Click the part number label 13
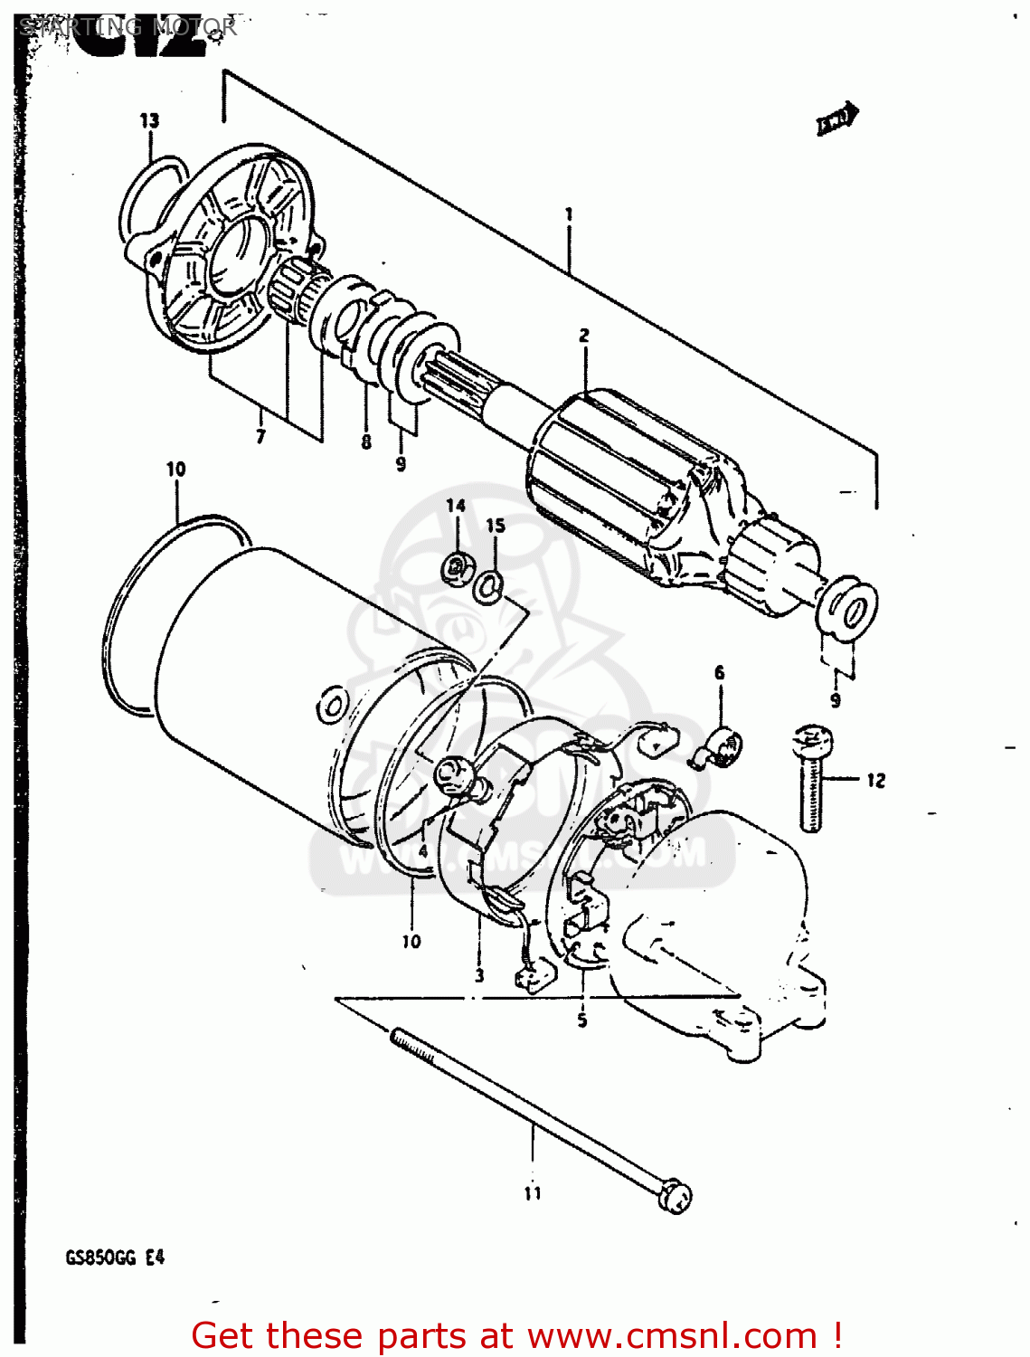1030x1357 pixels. coord(149,120)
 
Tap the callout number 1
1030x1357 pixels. coord(569,214)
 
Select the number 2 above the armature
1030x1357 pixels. coord(584,336)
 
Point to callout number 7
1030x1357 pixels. coord(260,437)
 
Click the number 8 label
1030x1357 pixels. coord(366,442)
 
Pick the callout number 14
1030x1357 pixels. coord(456,506)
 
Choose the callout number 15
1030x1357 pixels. coord(496,526)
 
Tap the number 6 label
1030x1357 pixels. coord(720,672)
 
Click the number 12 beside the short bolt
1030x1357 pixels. coord(875,780)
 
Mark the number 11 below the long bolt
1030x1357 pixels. coord(533,1193)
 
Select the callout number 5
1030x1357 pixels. coord(582,1020)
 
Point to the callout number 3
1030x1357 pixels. coord(479,975)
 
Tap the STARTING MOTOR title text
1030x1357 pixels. coord(128,26)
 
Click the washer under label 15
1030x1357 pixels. coord(489,585)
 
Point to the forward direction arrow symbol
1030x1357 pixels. coord(837,119)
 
